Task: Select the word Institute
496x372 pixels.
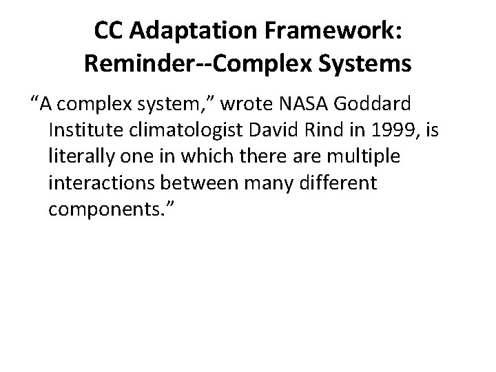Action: click(83, 130)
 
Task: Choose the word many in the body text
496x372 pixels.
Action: click(269, 183)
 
